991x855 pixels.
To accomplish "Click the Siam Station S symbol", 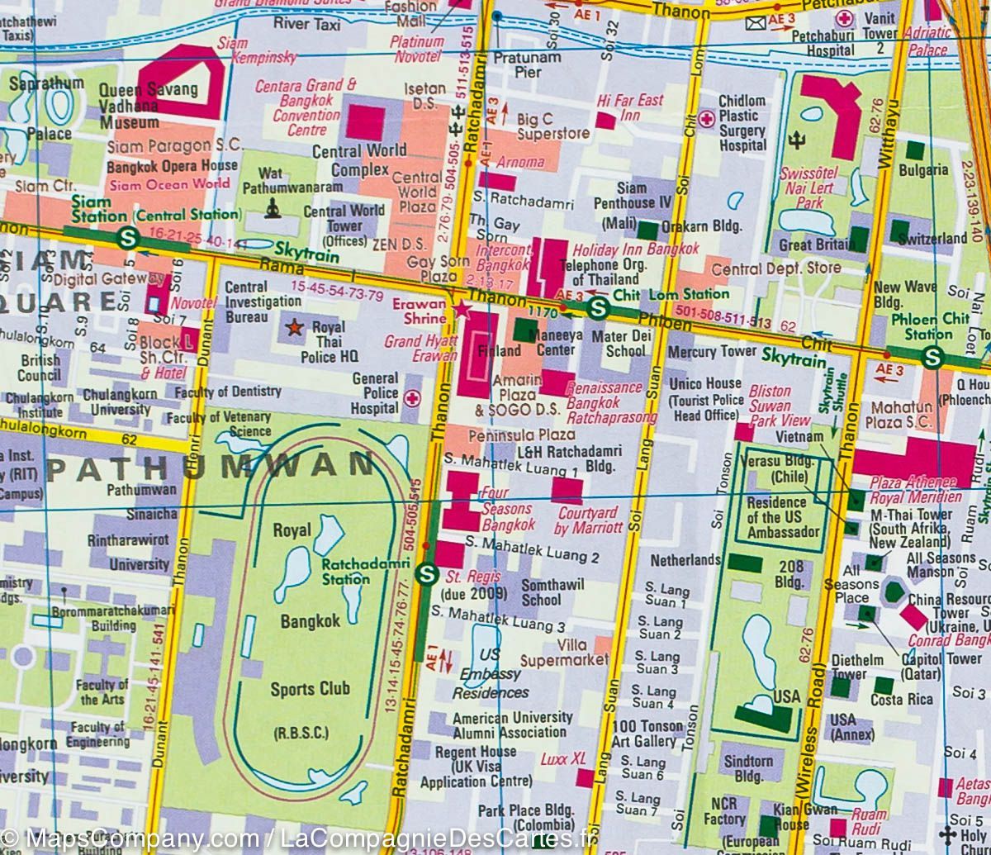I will (x=127, y=238).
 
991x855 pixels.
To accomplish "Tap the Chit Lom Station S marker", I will (x=599, y=309).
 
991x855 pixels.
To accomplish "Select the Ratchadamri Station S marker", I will (x=426, y=572).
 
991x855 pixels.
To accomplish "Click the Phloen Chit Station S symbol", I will (x=933, y=357).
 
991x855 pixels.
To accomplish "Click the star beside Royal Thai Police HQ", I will (x=293, y=329).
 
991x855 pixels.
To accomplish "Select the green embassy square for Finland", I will (x=524, y=331).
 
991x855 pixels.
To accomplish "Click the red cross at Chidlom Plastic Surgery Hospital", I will (x=706, y=119).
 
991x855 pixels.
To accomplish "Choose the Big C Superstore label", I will (x=552, y=126).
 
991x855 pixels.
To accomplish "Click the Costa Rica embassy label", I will (x=901, y=700).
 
